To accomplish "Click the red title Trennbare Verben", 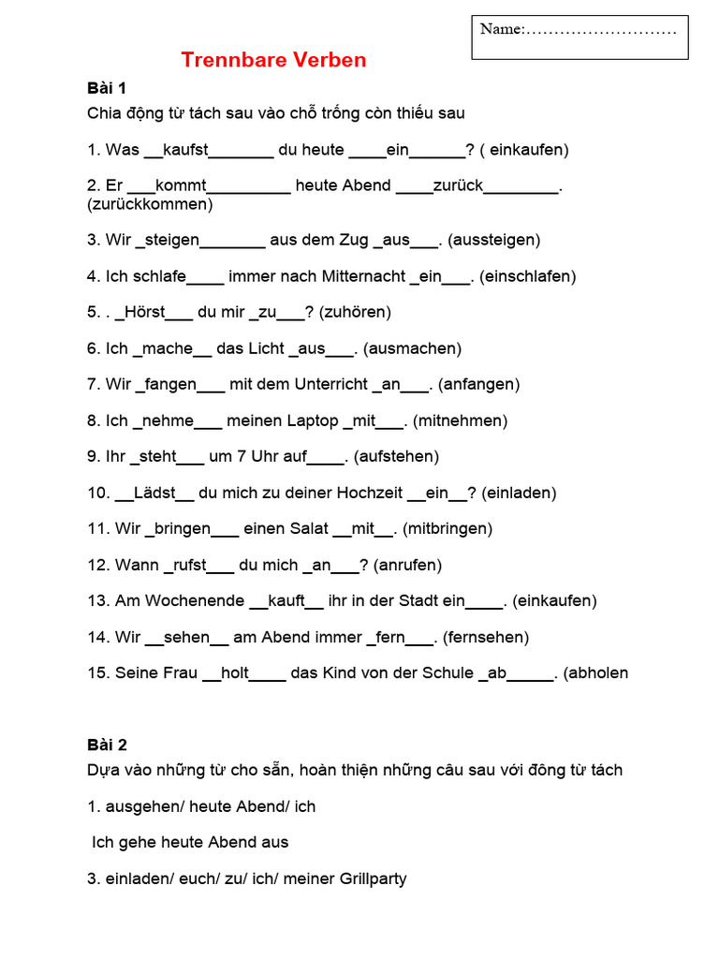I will click(273, 61).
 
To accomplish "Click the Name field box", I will click(580, 37).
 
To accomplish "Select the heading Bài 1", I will click(107, 88).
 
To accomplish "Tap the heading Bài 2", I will click(107, 745).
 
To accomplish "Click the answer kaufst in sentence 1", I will click(185, 150).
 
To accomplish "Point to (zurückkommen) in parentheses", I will click(150, 203).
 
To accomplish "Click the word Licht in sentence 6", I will click(266, 348).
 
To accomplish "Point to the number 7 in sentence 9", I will click(241, 456).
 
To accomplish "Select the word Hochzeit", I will click(367, 493).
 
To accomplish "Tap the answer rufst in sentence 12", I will click(189, 565).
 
